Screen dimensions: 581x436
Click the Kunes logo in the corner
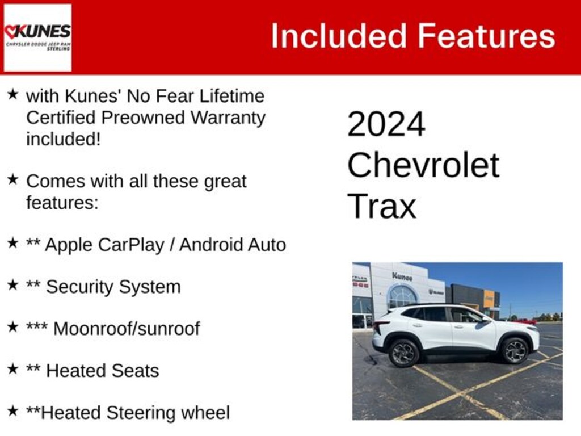click(x=37, y=37)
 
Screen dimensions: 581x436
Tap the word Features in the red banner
click(x=486, y=36)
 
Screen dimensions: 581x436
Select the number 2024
click(x=386, y=124)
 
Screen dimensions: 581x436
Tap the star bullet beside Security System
click(x=12, y=285)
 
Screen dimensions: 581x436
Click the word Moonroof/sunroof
click(x=127, y=329)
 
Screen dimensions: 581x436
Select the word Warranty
click(x=228, y=118)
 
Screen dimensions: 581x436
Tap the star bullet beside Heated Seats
click(x=12, y=369)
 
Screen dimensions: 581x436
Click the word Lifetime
click(x=232, y=96)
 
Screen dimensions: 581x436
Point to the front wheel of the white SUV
click(x=515, y=350)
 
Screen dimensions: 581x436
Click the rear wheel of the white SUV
click(x=403, y=353)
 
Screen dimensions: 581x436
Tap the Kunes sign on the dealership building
click(x=402, y=276)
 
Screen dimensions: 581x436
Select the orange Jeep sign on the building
click(x=489, y=299)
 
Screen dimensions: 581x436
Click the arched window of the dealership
click(x=402, y=296)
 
